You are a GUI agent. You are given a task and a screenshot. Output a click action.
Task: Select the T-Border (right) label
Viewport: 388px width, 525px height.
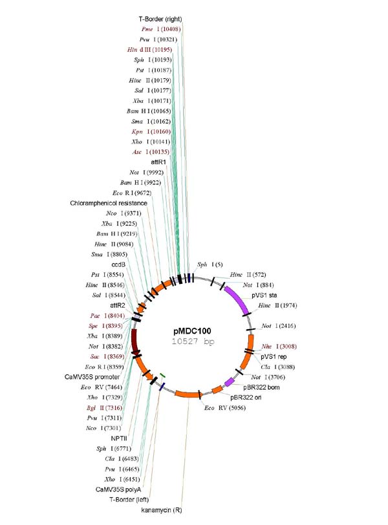(160, 19)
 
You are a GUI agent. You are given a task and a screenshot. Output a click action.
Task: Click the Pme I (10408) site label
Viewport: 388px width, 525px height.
(160, 29)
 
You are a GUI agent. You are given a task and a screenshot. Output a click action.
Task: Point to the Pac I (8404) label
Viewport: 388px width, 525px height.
(109, 316)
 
